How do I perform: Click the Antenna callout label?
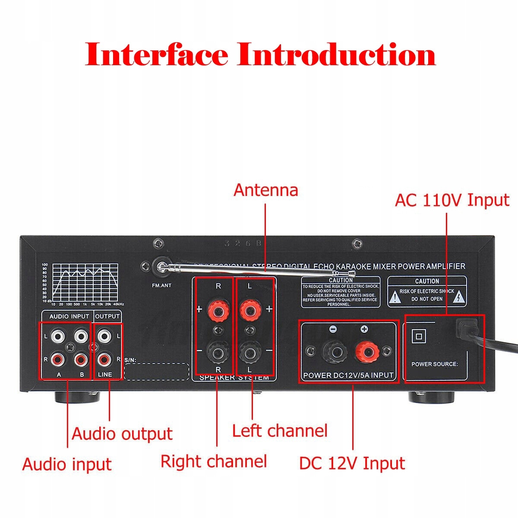(265, 190)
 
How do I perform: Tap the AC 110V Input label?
(452, 200)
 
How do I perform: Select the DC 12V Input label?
(352, 464)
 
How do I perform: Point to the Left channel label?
(280, 431)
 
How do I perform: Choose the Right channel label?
(214, 461)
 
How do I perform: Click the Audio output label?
(122, 434)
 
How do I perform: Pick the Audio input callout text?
(67, 464)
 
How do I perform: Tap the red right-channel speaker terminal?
(218, 310)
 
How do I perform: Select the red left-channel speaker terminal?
(249, 310)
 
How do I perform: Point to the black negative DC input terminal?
(334, 352)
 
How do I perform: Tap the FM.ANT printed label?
(162, 285)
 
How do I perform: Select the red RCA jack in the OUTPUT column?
(104, 358)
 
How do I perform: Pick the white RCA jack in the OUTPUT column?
(104, 335)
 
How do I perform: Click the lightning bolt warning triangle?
(459, 297)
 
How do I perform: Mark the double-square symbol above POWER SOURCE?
(418, 336)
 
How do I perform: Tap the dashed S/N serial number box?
(157, 372)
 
